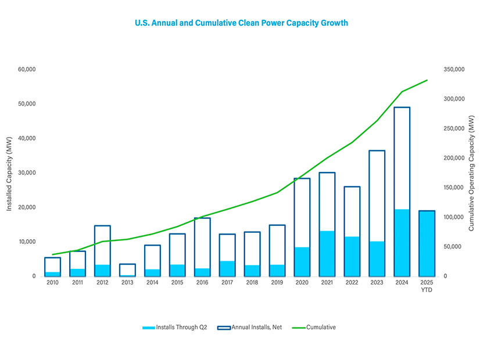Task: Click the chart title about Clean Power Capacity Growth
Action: [241, 23]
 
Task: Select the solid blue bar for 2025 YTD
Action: [427, 243]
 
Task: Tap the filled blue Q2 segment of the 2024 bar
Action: [402, 243]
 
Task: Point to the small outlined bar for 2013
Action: [127, 269]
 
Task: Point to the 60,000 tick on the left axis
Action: [27, 69]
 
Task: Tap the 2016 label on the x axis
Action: [202, 283]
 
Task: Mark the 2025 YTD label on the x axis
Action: [427, 286]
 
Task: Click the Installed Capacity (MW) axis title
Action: [9, 172]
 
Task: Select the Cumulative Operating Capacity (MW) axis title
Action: [471, 172]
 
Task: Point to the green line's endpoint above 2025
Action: [427, 81]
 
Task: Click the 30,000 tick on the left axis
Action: [27, 172]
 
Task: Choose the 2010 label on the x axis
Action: [53, 283]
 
